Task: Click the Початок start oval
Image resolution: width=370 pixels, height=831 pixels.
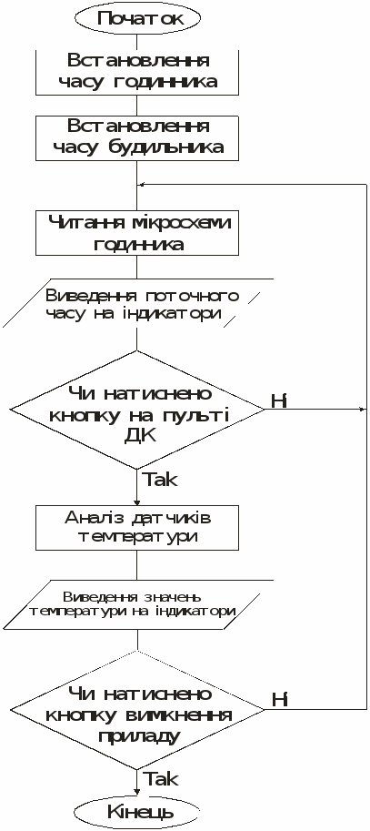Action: (x=138, y=18)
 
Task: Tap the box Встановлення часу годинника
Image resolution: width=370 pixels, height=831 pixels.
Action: (x=137, y=72)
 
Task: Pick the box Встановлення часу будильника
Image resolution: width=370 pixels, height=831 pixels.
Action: (x=137, y=137)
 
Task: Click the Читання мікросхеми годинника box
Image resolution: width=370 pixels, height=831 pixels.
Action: (x=137, y=233)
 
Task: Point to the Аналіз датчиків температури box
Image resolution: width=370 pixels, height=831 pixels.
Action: (x=137, y=528)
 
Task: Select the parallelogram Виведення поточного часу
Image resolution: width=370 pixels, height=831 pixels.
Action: (x=138, y=302)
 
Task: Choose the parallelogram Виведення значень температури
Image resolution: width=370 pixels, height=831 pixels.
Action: (x=138, y=603)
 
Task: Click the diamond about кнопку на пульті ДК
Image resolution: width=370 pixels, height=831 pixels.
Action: (x=137, y=410)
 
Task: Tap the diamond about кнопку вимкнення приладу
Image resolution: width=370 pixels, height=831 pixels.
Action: (x=137, y=709)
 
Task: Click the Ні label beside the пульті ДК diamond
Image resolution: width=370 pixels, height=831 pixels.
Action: (x=279, y=401)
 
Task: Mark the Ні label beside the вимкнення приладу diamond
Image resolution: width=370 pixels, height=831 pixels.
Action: (x=279, y=700)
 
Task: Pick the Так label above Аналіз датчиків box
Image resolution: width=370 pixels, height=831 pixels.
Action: (x=160, y=480)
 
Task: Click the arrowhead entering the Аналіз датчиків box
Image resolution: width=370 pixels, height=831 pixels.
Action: (x=137, y=502)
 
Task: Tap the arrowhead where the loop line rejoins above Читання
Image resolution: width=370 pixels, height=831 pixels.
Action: (x=141, y=184)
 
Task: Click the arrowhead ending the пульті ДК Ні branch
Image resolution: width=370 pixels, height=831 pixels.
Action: (x=363, y=410)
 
